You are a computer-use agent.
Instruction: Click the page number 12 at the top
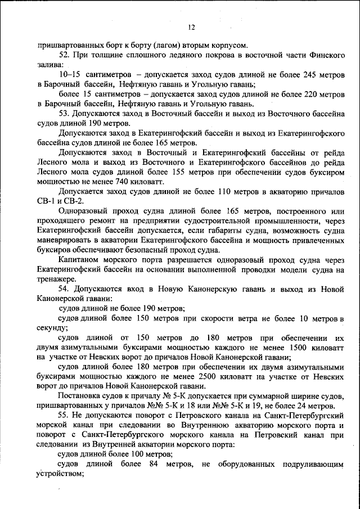(191, 27)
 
